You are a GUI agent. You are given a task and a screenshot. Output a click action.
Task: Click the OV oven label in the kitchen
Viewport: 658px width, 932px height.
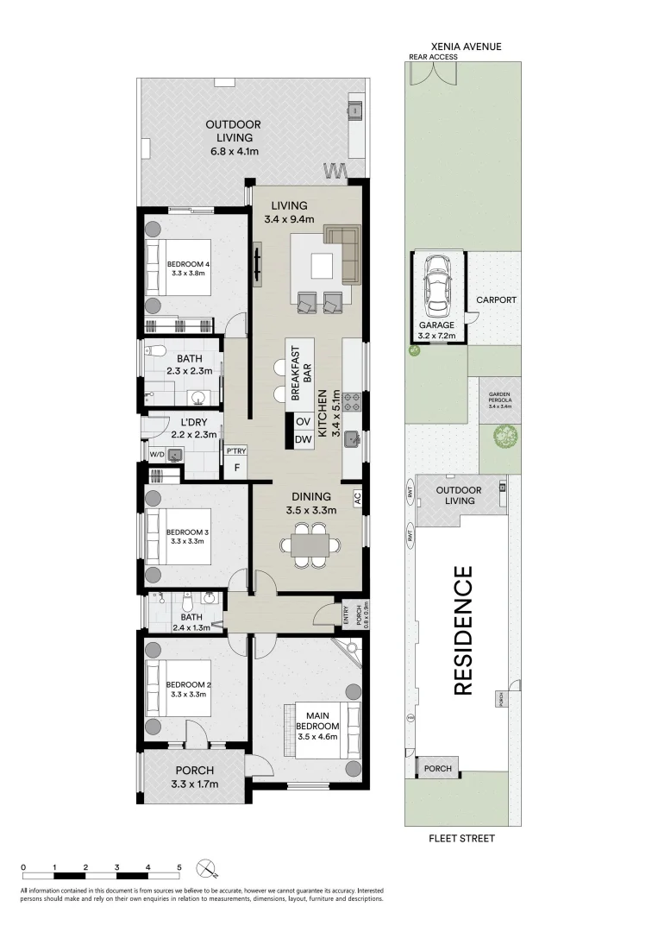(x=303, y=421)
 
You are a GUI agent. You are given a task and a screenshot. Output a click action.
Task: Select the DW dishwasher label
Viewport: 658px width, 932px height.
(x=303, y=440)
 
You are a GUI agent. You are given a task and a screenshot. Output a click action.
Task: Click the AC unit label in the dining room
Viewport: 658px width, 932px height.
(x=356, y=498)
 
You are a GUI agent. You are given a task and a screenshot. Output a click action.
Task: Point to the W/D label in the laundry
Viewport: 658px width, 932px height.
(x=156, y=454)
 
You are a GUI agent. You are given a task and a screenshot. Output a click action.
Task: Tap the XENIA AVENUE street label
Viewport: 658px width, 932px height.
(x=467, y=47)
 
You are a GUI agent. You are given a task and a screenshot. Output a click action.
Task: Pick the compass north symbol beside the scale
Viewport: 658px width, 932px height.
(x=205, y=867)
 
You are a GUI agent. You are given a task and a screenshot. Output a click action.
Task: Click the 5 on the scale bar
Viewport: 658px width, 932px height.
(x=179, y=866)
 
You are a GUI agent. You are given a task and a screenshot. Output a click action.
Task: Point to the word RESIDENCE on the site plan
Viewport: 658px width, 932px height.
(x=464, y=630)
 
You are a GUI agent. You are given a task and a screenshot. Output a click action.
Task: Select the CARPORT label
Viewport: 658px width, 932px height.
(x=496, y=300)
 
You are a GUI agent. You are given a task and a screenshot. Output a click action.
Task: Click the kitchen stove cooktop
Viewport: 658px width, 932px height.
(x=352, y=400)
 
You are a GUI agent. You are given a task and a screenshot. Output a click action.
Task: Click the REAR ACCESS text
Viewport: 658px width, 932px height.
(x=433, y=58)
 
